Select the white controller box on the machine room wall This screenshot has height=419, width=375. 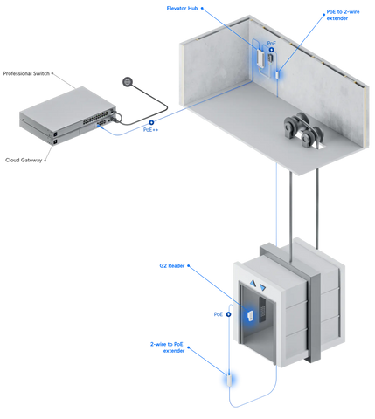261,57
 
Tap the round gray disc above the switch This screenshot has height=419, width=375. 131,83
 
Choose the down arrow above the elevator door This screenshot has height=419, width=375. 262,285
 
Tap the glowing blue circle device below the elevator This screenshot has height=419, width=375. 230,380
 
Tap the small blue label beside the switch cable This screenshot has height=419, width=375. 151,131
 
